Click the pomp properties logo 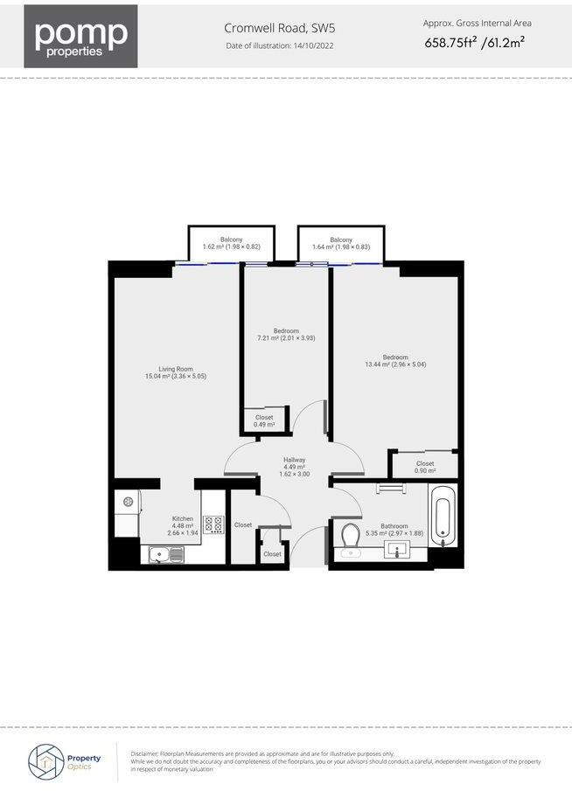(x=80, y=36)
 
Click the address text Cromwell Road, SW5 (x=279, y=29)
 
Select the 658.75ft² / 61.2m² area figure (x=476, y=42)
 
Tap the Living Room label (x=175, y=372)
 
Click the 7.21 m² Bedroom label (x=286, y=334)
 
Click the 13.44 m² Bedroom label (x=395, y=360)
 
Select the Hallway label (x=293, y=466)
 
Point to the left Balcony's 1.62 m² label (x=231, y=243)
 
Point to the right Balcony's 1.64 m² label (x=340, y=243)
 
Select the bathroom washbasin (x=398, y=551)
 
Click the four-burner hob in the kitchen (x=213, y=524)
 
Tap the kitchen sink (x=166, y=553)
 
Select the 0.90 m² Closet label (x=425, y=468)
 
